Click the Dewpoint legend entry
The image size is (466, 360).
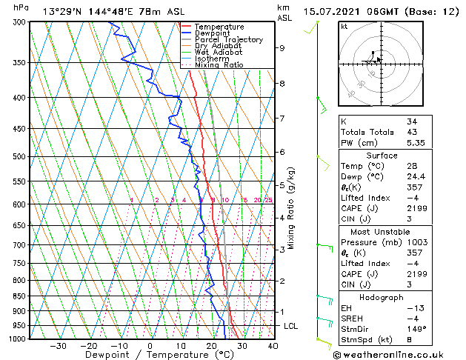coord(212,33)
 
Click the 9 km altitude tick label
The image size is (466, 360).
coord(282,48)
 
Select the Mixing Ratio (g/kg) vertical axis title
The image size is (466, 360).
coord(292,207)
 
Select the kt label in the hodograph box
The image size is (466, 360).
coord(344,26)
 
